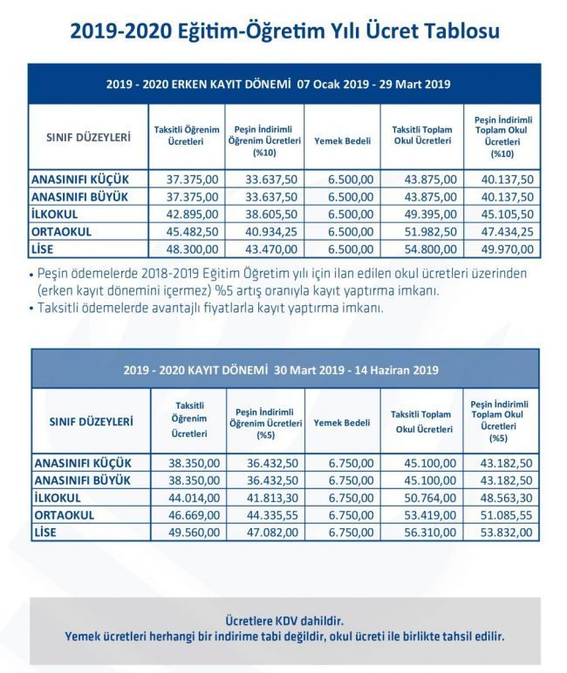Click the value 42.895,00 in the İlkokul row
[192, 214]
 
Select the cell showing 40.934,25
[271, 232]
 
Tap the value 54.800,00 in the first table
[430, 249]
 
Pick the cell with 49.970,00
[508, 249]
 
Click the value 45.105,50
[508, 214]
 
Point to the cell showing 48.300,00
[192, 249]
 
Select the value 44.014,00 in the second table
[195, 498]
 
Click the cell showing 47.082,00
[272, 533]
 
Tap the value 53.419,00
[430, 515]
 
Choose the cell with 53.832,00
[507, 533]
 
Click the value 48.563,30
[507, 498]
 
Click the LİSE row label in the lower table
[45, 533]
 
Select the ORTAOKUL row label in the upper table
[61, 232]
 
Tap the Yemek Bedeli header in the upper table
[342, 140]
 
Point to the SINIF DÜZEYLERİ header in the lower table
[91, 421]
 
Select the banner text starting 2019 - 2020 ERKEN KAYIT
[278, 84]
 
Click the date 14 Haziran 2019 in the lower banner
[397, 370]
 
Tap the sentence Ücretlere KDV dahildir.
[284, 621]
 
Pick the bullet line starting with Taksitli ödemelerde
[206, 308]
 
